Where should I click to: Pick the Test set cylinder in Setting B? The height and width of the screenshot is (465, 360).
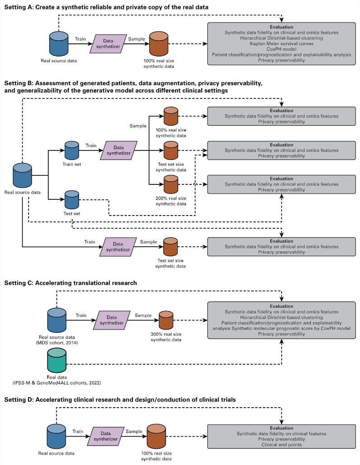click(x=72, y=200)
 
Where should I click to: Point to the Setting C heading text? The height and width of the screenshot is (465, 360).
click(x=71, y=283)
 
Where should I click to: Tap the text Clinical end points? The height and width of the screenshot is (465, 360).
click(x=281, y=445)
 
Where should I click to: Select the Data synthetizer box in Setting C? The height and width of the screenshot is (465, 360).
click(x=111, y=320)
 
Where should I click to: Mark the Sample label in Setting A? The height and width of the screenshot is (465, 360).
click(x=136, y=39)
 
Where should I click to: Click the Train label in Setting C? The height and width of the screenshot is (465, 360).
click(x=81, y=315)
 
